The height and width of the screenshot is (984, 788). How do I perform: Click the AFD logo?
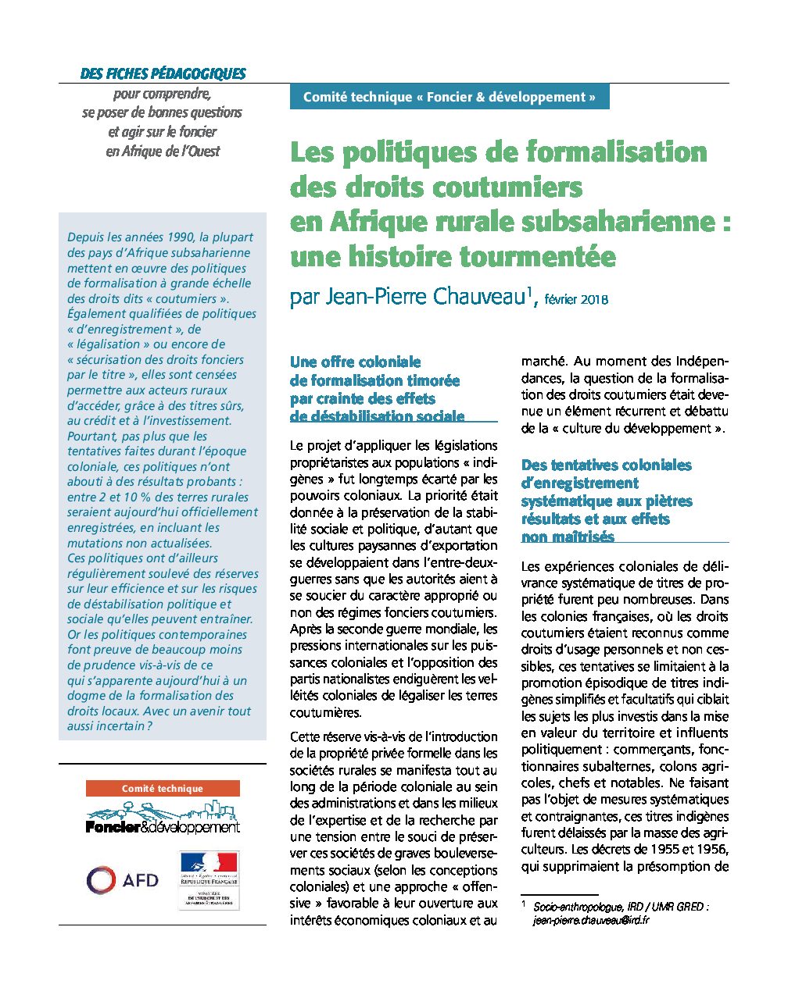coord(123,880)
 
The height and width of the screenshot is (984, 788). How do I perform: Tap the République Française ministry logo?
coord(208,879)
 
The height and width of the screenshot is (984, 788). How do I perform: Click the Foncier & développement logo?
coord(163,820)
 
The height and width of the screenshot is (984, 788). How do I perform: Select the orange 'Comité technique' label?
coord(163,789)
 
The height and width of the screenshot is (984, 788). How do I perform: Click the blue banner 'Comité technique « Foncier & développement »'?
coord(449,97)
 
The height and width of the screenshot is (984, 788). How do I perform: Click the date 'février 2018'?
coord(576,299)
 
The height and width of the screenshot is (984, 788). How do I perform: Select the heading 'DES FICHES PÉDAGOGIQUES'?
coord(163,74)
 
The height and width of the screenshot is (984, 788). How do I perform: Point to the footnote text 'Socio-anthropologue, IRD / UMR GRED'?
coord(621,907)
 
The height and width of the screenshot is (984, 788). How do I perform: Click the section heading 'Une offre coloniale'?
coord(356,362)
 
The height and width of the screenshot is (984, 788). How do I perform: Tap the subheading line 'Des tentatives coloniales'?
coord(607,465)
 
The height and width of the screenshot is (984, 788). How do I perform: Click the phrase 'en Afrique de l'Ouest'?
coord(163,152)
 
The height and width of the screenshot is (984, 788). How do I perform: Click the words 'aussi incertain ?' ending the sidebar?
coord(109,726)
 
